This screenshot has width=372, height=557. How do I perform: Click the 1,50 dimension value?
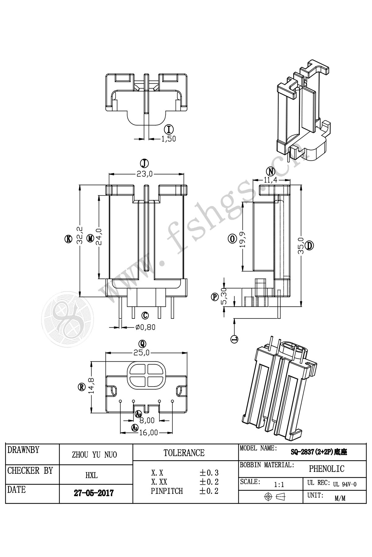point(168,139)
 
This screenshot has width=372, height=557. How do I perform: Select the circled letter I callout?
point(168,129)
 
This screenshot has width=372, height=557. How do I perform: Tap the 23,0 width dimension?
point(145,174)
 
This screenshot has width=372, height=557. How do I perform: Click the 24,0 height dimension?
point(99,237)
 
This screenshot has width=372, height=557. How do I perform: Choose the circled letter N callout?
point(271,171)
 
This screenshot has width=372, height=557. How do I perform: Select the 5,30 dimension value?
point(224,296)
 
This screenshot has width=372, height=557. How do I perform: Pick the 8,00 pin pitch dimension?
point(147,421)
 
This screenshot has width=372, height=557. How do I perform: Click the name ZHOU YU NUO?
point(94,455)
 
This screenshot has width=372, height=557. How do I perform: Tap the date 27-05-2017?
point(94,493)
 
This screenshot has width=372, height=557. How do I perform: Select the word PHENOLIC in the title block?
point(326,469)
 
